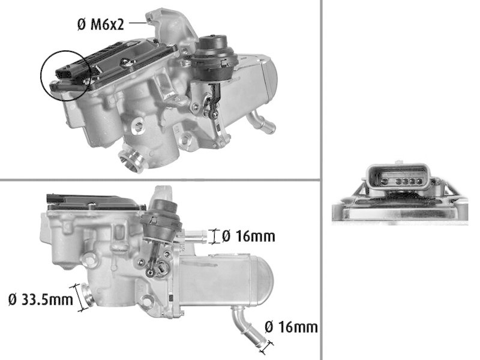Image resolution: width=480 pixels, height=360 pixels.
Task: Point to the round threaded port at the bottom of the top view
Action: (130, 160)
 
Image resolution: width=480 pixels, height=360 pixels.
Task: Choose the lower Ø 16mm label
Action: (290, 327)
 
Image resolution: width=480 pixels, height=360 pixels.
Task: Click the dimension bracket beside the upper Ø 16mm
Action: (211, 236)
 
